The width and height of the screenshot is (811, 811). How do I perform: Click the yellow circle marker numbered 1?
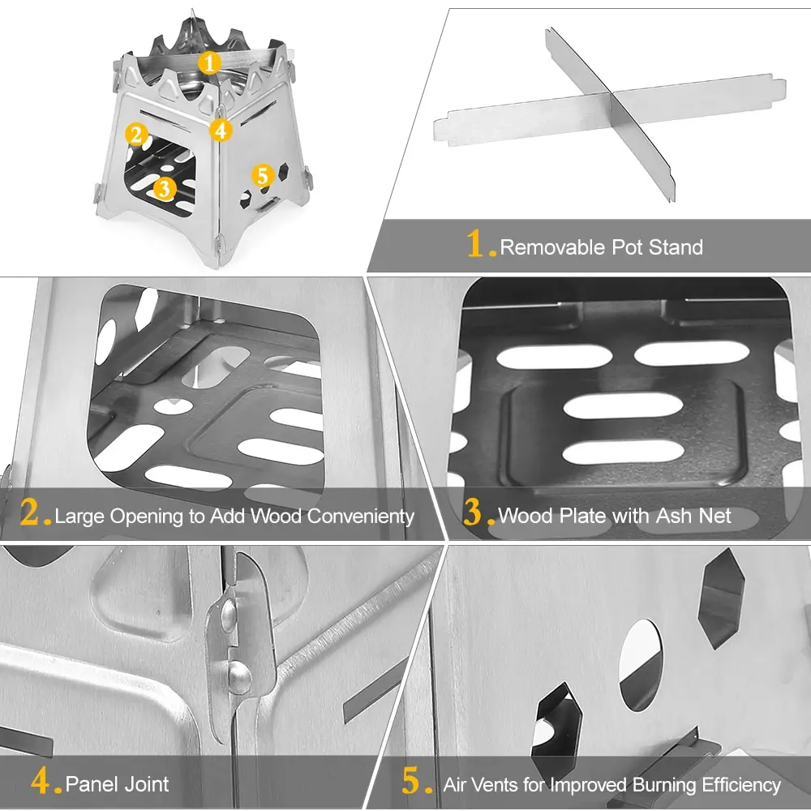click(209, 62)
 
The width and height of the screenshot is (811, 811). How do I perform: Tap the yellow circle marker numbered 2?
click(136, 135)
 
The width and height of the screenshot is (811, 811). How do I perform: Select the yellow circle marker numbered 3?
click(164, 188)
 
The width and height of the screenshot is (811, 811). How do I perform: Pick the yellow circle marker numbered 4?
click(221, 129)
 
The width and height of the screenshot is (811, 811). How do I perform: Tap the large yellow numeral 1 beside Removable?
click(478, 244)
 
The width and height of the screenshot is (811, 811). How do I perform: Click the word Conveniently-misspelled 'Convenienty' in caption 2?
click(357, 516)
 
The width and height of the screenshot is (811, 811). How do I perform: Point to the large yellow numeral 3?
click(474, 513)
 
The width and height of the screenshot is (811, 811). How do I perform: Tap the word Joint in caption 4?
click(146, 783)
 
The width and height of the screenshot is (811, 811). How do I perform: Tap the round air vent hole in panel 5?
click(640, 665)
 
